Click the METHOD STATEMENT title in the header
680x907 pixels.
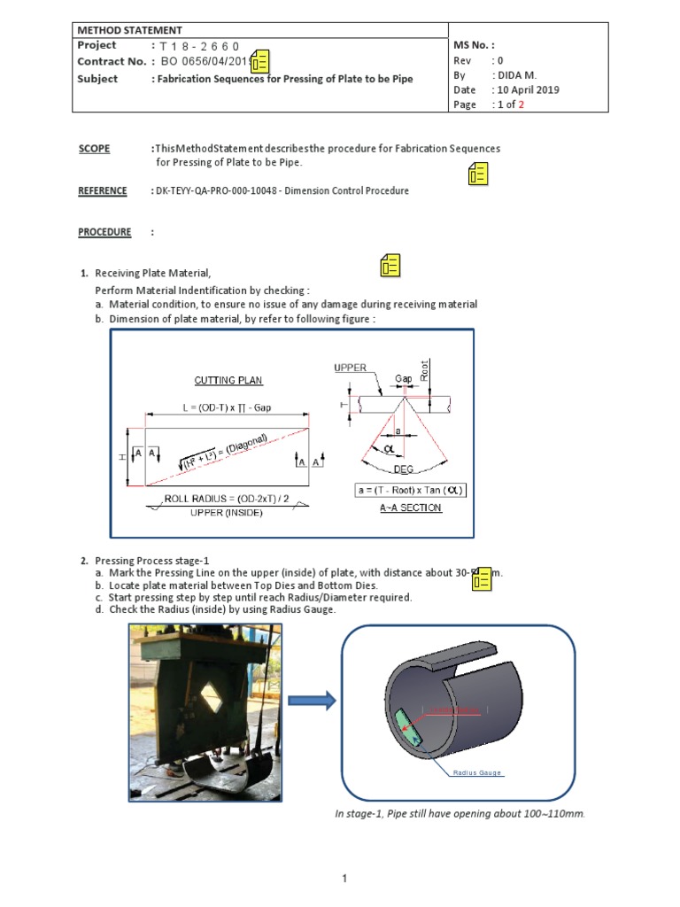pyautogui.click(x=130, y=30)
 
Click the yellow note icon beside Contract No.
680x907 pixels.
pyautogui.click(x=260, y=61)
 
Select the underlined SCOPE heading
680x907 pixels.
pyautogui.click(x=94, y=149)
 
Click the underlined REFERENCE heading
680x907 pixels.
pyautogui.click(x=103, y=191)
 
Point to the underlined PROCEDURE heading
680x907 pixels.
pyautogui.click(x=104, y=232)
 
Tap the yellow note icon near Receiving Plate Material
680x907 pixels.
pyautogui.click(x=390, y=264)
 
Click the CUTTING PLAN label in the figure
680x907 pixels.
pyautogui.click(x=228, y=380)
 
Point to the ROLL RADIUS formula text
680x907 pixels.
pyautogui.click(x=227, y=500)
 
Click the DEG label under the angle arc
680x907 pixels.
pyautogui.click(x=404, y=470)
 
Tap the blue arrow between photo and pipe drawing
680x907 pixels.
pyautogui.click(x=312, y=701)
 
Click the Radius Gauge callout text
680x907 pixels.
pyautogui.click(x=477, y=773)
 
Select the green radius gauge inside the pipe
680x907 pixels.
pyautogui.click(x=409, y=725)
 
